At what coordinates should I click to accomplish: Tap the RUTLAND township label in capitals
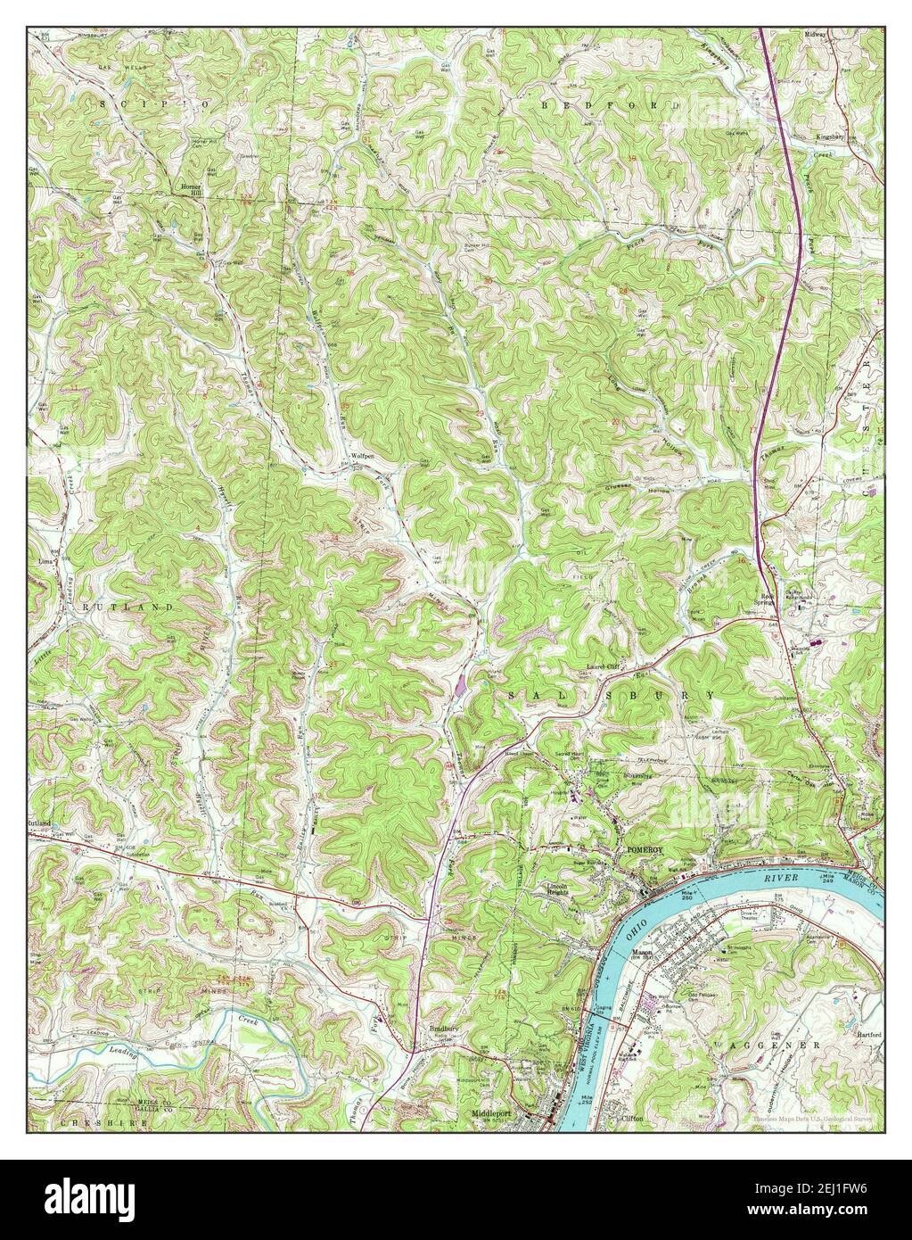[x=134, y=607]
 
